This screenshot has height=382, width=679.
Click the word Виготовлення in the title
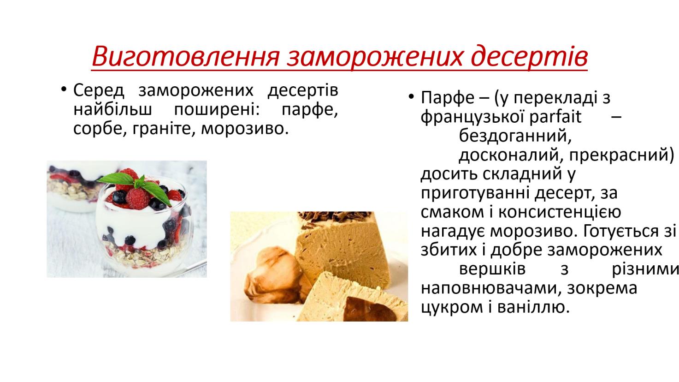[185, 57]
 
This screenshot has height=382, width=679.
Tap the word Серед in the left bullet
[99, 90]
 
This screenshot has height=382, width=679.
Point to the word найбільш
[112, 109]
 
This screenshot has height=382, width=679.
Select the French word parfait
[555, 117]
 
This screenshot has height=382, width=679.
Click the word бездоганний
[515, 136]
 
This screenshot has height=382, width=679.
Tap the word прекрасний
[622, 155]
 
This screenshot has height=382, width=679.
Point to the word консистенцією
[560, 212]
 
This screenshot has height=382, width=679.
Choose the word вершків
[492, 269]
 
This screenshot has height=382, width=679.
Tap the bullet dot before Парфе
[411, 96]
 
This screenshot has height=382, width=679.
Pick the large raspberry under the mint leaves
[138, 199]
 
